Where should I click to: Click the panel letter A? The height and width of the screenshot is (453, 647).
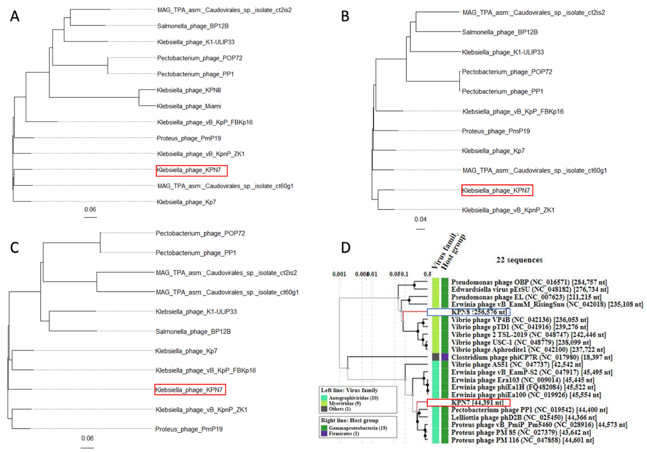tap(15, 16)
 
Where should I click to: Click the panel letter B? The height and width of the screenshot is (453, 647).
tap(345, 16)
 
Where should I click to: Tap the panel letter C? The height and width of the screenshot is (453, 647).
tap(15, 247)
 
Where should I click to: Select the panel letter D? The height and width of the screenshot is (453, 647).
tap(346, 247)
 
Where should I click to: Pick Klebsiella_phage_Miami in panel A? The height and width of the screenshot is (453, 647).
tap(189, 106)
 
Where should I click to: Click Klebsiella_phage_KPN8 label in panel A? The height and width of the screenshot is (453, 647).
tap(189, 90)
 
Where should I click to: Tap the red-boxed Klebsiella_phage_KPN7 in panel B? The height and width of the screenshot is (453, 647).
tap(497, 190)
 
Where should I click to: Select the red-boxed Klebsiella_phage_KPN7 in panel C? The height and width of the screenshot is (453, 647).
tap(190, 390)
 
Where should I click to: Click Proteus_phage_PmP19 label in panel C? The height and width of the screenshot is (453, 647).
tap(189, 429)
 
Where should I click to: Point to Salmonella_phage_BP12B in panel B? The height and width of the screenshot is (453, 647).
tap(500, 32)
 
